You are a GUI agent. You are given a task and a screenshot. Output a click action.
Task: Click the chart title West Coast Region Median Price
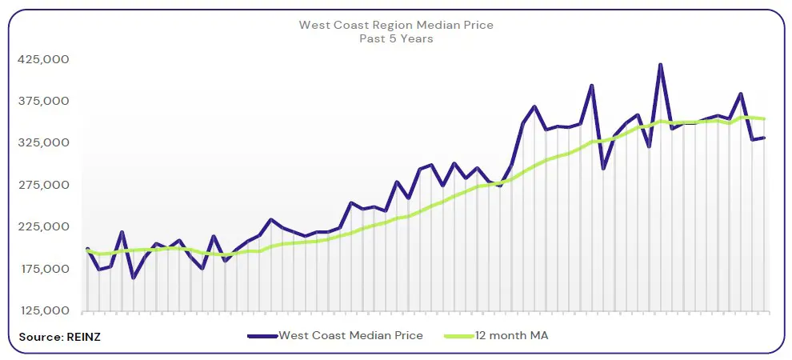point(396,25)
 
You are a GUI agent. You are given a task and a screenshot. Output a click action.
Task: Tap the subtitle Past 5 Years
point(396,38)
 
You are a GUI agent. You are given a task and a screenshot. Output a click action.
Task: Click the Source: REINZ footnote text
point(60,336)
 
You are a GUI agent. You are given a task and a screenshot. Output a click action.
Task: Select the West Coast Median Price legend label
point(350,335)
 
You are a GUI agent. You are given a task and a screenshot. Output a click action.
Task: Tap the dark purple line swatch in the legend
point(262,336)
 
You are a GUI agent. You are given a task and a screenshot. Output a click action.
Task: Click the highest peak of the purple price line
point(660,65)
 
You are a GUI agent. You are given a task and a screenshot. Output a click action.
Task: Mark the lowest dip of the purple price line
point(133,278)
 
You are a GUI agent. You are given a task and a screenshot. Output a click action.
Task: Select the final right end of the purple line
point(764,138)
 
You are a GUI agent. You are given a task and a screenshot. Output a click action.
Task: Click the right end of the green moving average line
point(764,119)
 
